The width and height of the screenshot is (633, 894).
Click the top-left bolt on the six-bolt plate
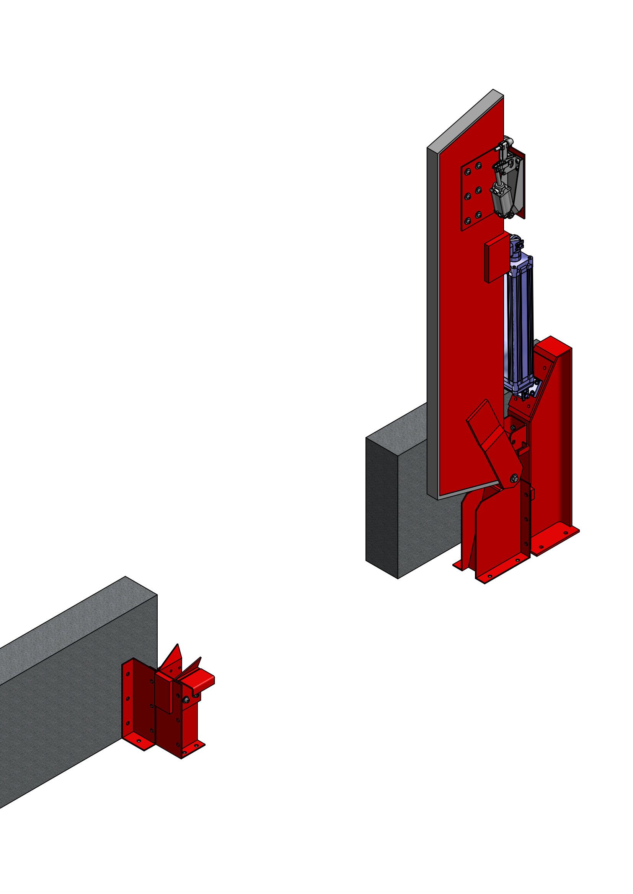point(467,171)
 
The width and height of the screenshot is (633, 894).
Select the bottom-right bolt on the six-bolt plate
point(479,215)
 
